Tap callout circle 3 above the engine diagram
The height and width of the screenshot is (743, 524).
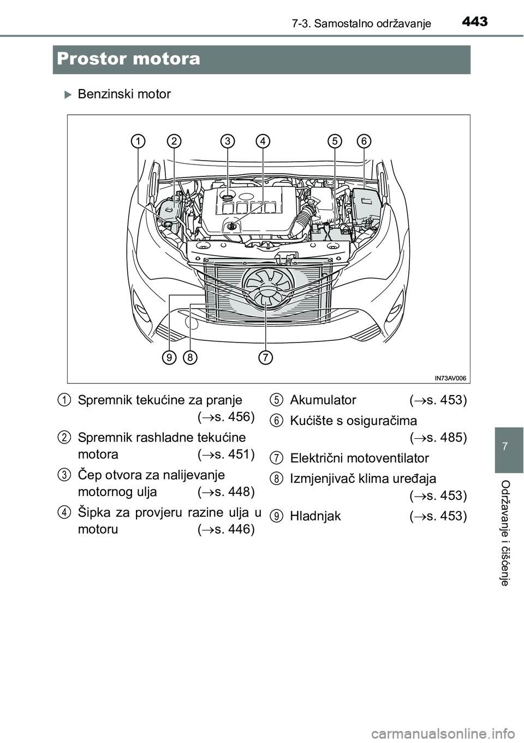(228, 141)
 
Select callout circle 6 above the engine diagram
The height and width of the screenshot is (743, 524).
(364, 141)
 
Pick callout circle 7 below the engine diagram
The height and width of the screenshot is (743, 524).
(265, 358)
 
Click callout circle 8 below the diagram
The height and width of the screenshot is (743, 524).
(190, 358)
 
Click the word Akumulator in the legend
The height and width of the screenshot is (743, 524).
(323, 400)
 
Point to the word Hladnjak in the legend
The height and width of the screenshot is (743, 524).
(315, 516)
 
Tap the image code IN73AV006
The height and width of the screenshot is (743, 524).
(450, 377)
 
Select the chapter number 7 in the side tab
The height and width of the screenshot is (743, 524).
(509, 447)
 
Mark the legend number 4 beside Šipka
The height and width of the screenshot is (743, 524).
(64, 512)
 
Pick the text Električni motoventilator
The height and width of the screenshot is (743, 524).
(360, 458)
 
